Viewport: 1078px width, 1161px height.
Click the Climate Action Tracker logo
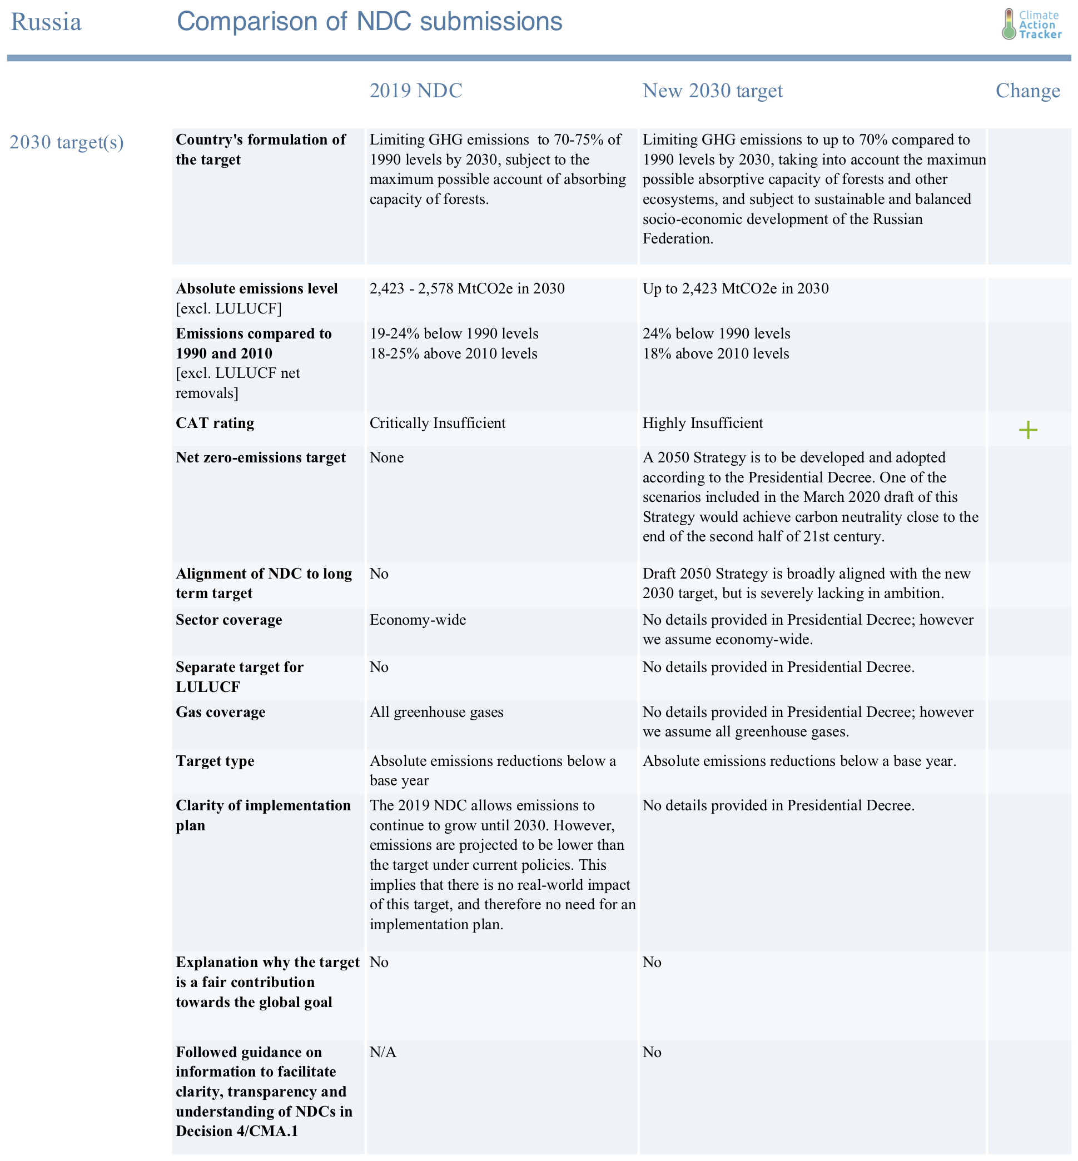pos(1031,24)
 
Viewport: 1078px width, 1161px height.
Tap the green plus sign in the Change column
pos(1028,430)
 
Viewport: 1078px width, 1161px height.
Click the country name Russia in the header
pos(46,22)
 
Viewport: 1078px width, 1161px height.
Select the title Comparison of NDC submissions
pos(369,22)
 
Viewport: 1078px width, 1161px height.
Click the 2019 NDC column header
pos(416,91)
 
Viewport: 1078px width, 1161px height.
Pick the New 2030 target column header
pos(712,91)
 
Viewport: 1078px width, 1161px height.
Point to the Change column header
pos(1028,91)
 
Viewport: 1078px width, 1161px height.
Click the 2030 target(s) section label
pos(67,142)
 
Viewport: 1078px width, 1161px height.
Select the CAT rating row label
pos(215,423)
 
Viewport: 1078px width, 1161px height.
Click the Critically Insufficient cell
pos(438,423)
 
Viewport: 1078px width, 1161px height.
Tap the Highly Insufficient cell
pos(702,423)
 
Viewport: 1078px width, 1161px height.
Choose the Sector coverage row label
pos(228,619)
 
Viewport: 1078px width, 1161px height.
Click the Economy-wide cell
pos(418,619)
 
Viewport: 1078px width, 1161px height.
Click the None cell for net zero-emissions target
pos(386,457)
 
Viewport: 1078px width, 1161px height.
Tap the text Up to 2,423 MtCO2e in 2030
pos(735,288)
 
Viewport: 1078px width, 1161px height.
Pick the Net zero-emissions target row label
pos(260,457)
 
